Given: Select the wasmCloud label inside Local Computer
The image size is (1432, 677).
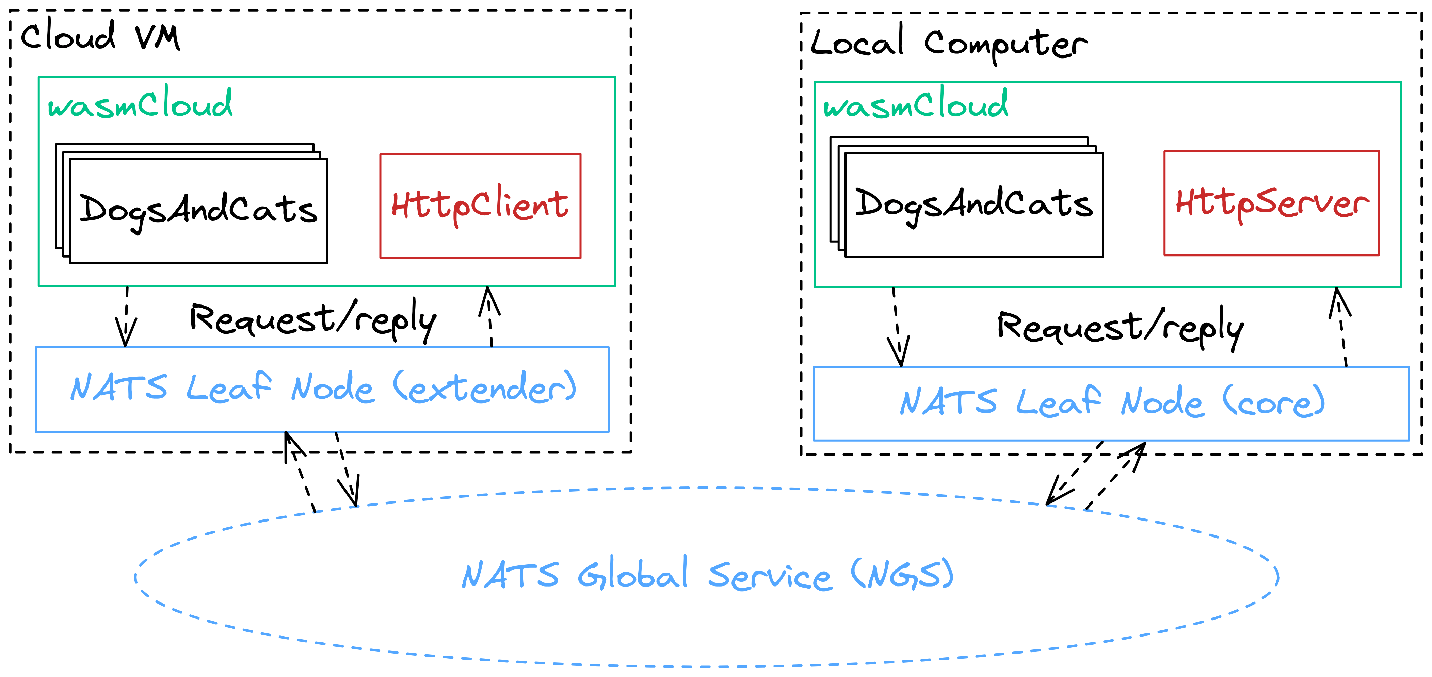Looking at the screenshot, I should [x=915, y=104].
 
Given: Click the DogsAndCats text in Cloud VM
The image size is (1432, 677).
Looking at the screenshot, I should [x=198, y=210].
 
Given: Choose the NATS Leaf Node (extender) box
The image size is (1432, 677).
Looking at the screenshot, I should [x=322, y=389].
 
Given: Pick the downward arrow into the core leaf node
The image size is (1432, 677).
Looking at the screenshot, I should [x=897, y=328].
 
